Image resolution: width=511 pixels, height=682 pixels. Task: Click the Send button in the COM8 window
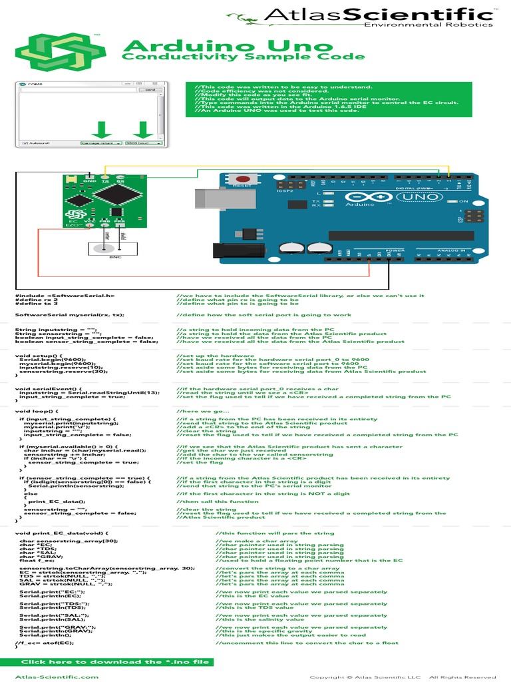coord(150,89)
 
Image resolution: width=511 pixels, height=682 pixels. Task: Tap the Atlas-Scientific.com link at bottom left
coord(57,676)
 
